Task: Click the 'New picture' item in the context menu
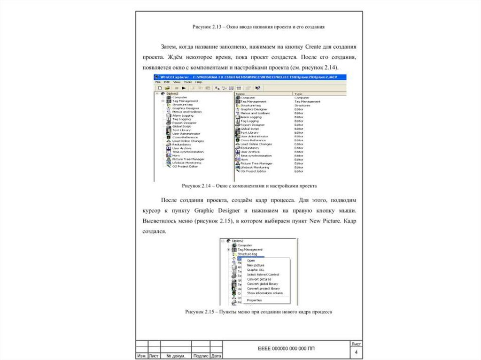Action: pyautogui.click(x=256, y=265)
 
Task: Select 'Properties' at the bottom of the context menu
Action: pyautogui.click(x=254, y=300)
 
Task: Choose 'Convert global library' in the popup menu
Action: pyautogui.click(x=262, y=284)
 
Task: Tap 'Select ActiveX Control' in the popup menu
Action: pyautogui.click(x=263, y=275)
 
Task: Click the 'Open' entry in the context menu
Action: pyautogui.click(x=251, y=260)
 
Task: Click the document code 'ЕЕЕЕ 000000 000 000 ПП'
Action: pyautogui.click(x=287, y=348)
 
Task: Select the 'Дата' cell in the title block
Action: pyautogui.click(x=217, y=356)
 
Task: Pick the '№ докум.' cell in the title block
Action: pyautogui.click(x=176, y=356)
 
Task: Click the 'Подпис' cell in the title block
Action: pyautogui.click(x=201, y=356)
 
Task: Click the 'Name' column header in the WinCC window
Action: pyautogui.click(x=240, y=93)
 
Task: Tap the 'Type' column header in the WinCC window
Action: pyautogui.click(x=298, y=93)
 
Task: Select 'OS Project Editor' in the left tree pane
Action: pyautogui.click(x=185, y=166)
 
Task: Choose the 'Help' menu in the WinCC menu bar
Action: pyautogui.click(x=199, y=82)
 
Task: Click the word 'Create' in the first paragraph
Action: pyautogui.click(x=313, y=47)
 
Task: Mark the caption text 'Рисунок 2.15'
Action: pyautogui.click(x=200, y=311)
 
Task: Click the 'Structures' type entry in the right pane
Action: pyautogui.click(x=302, y=106)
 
